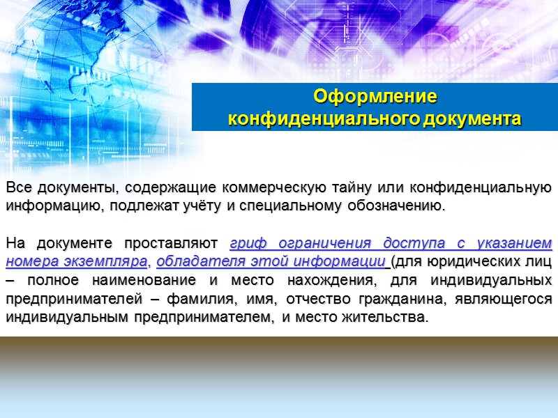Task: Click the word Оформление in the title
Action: (375, 95)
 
